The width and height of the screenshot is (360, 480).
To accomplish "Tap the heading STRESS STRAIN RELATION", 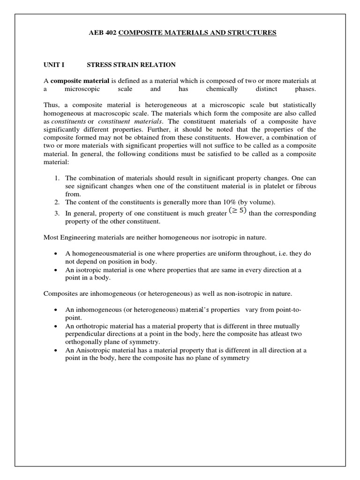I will point(131,64).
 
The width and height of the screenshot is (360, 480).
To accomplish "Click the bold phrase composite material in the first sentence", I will point(75,81).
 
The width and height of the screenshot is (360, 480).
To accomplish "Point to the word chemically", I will point(222,89).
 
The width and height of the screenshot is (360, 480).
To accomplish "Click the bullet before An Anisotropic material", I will point(55,350).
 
